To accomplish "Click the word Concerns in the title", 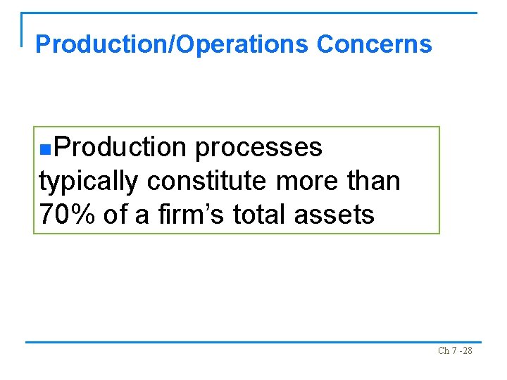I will pos(374,44).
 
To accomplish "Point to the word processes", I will pos(258,148).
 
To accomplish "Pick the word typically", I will pos(89,182).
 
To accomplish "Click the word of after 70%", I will pos(115,215).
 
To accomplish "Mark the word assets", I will pos(334,215).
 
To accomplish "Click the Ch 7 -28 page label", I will pos(455,350).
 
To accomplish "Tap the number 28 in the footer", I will pos(466,350).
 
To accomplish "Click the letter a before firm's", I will pos(142,216).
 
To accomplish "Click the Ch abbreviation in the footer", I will pos(443,350).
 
